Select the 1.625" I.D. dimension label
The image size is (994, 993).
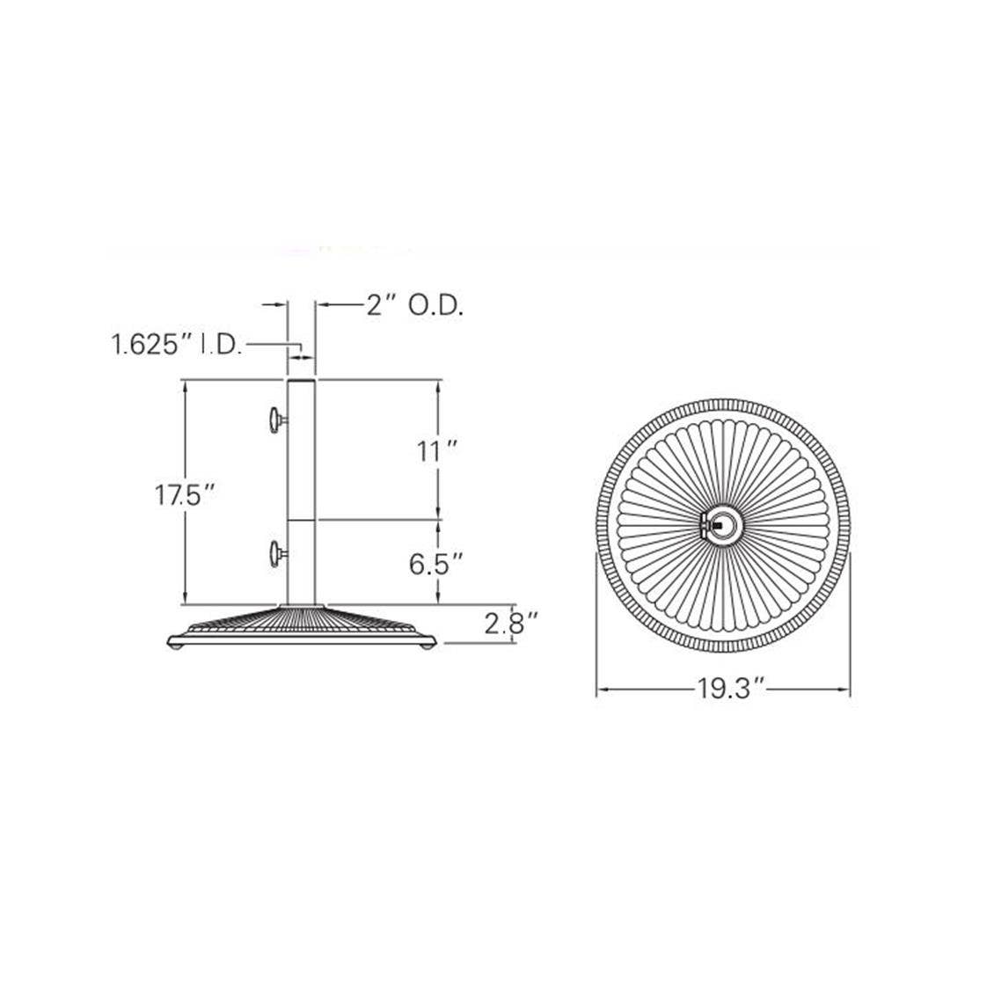point(177,345)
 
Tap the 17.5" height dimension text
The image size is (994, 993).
point(186,495)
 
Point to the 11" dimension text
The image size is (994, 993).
point(437,452)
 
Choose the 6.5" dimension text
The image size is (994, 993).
point(437,564)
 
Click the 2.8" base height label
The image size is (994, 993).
point(511,624)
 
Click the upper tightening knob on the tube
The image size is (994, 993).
point(277,420)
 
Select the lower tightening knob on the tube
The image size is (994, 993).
point(277,554)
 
